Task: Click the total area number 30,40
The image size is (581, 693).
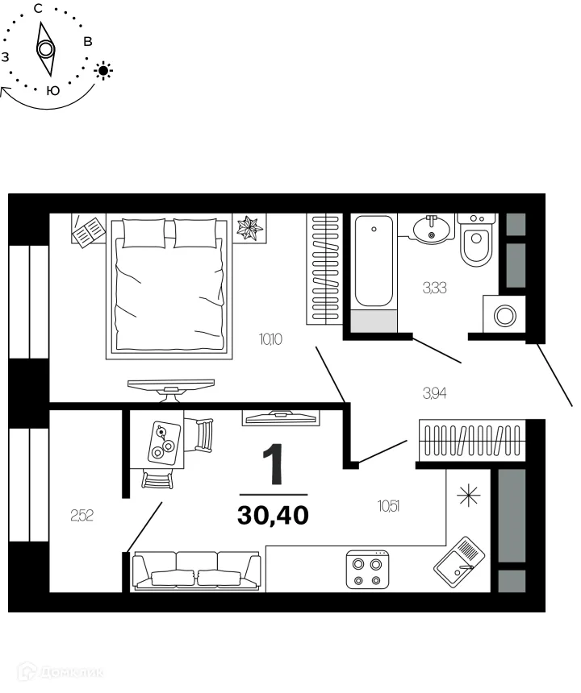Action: coord(273,513)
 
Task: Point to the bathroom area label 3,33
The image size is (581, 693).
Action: coord(435,287)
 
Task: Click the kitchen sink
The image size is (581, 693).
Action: coord(459,564)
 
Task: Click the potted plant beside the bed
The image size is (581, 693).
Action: coord(249,228)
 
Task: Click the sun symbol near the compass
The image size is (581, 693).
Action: coord(103,71)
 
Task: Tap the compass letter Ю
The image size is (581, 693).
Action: coord(53,90)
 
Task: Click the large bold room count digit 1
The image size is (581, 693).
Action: coord(274,464)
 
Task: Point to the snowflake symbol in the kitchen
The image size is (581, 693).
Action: coord(469,496)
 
